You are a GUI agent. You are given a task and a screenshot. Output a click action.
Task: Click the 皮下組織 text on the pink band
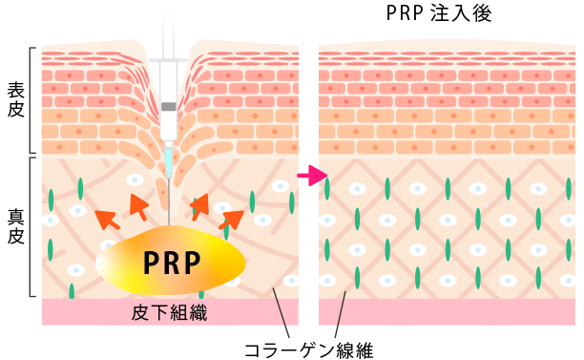click(169, 311)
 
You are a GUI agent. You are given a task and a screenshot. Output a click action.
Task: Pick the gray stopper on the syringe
click(168, 105)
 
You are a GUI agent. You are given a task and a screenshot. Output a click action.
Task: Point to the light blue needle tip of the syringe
click(169, 162)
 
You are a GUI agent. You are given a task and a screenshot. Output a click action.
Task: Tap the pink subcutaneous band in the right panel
click(448, 312)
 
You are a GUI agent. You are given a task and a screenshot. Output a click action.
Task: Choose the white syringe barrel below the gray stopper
click(168, 124)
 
